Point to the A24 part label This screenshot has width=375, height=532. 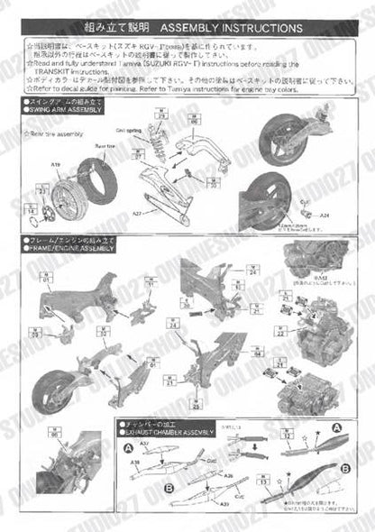click(x=326, y=216)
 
